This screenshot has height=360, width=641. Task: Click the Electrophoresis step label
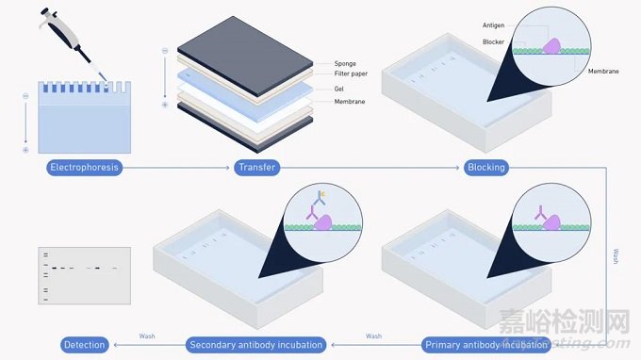pyautogui.click(x=85, y=168)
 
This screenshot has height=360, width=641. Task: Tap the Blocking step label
pyautogui.click(x=486, y=168)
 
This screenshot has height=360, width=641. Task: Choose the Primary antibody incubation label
pyautogui.click(x=485, y=345)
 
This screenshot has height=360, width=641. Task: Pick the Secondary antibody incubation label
pyautogui.click(x=255, y=345)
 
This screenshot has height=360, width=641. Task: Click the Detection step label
pyautogui.click(x=85, y=345)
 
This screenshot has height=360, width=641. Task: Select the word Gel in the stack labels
pyautogui.click(x=339, y=88)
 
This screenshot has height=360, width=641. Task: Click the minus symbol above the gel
pyautogui.click(x=25, y=90)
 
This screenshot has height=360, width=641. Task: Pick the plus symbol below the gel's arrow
pyautogui.click(x=25, y=150)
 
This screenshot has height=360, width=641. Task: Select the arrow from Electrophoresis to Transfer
pyautogui.click(x=179, y=168)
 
